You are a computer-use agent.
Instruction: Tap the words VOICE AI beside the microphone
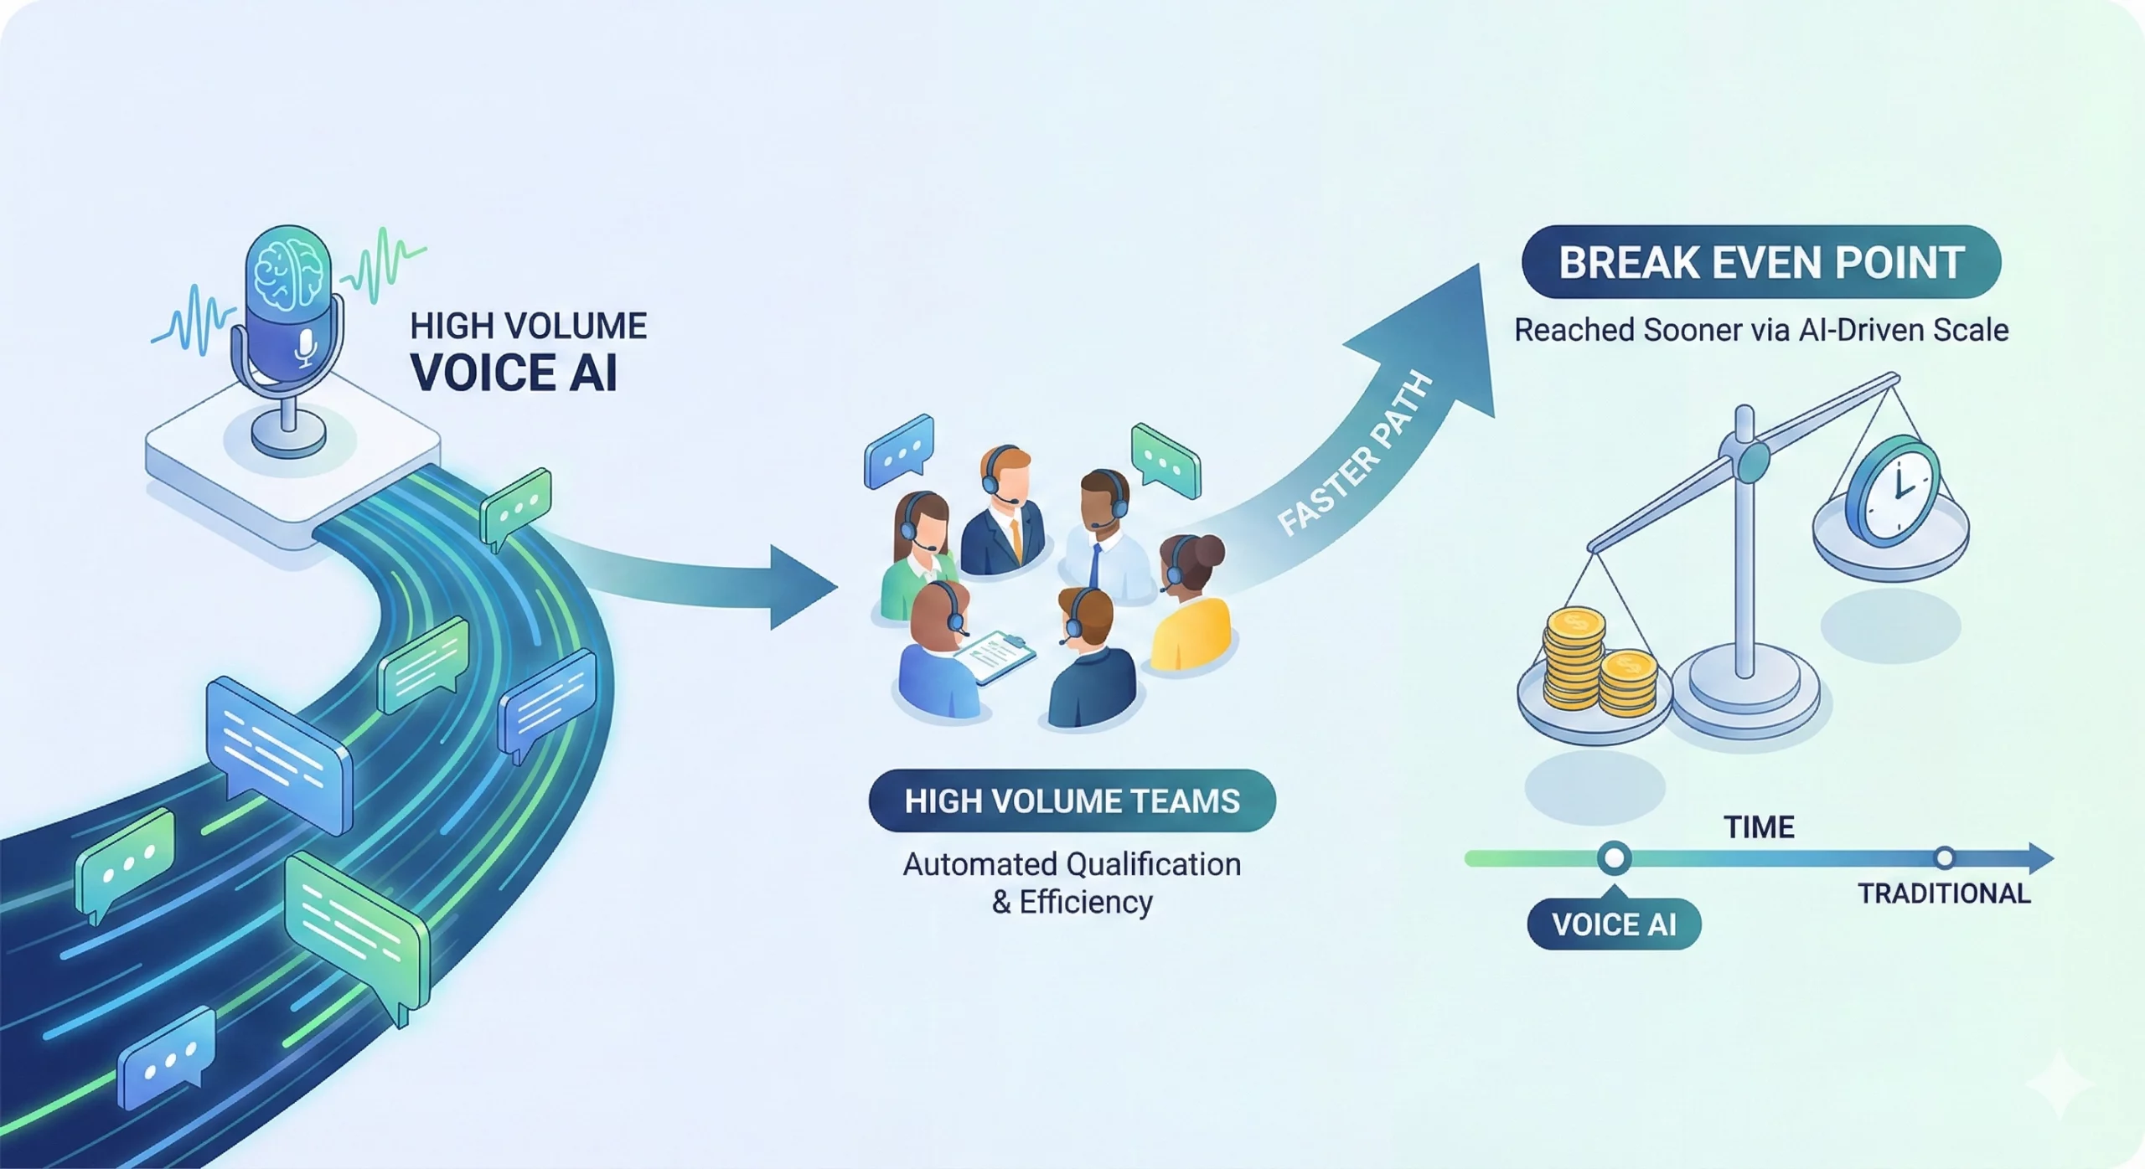[514, 373]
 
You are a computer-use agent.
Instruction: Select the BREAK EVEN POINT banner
[1760, 262]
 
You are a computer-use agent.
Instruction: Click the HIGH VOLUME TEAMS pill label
[1072, 801]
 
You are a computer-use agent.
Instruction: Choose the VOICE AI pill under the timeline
[1614, 924]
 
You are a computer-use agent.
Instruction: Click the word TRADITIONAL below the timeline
[1944, 893]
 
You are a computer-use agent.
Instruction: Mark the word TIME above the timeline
[1759, 827]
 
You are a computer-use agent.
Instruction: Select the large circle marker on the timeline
[1614, 858]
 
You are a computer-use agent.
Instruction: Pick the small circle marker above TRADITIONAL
[1944, 857]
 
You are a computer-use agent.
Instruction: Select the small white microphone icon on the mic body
[306, 347]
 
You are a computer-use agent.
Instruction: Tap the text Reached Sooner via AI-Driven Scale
[1760, 330]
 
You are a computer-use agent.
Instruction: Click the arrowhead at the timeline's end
[2039, 858]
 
